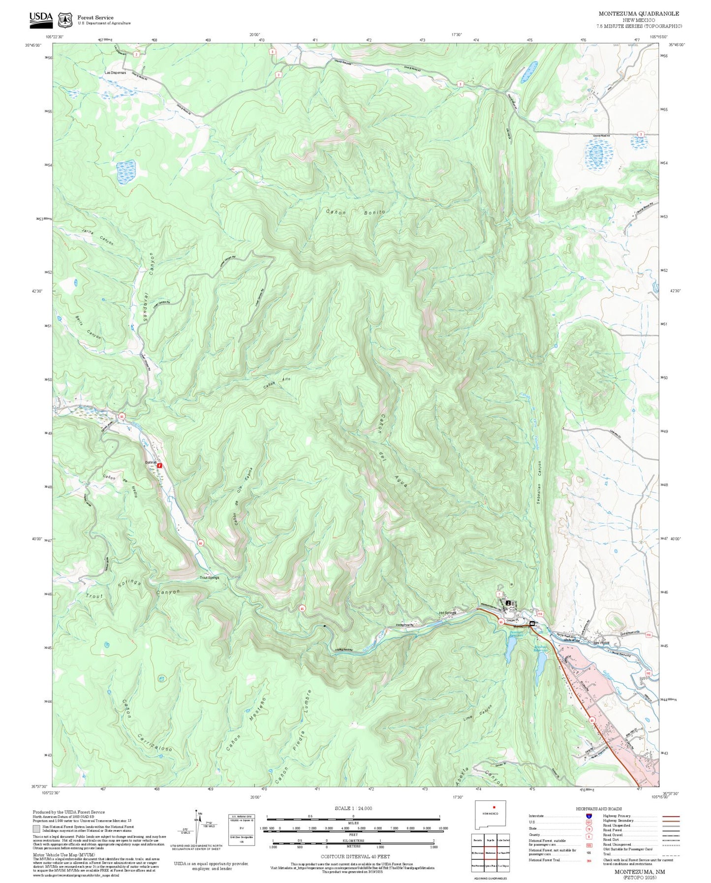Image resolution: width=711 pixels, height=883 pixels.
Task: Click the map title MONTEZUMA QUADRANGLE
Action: pyautogui.click(x=639, y=14)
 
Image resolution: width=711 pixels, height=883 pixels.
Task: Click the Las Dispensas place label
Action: pyautogui.click(x=115, y=73)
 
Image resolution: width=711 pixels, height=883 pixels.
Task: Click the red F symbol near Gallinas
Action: pyautogui.click(x=160, y=465)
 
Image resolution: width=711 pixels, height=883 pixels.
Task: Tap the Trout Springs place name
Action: pyautogui.click(x=209, y=577)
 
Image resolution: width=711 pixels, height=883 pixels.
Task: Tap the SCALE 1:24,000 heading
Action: pyautogui.click(x=353, y=808)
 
